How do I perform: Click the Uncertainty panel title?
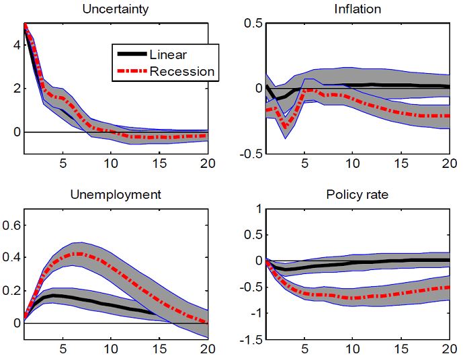click(116, 9)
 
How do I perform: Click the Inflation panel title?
click(357, 9)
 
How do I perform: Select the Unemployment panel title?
click(116, 195)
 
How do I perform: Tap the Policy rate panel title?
click(357, 195)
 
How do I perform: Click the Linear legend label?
click(169, 55)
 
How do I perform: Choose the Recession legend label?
click(182, 71)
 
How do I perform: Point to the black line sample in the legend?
click(132, 55)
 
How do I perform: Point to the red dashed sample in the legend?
click(132, 71)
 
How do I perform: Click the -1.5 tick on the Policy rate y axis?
click(250, 340)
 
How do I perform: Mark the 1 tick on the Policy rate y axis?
click(258, 210)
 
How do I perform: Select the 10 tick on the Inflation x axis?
click(351, 163)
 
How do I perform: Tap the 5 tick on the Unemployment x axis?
click(62, 349)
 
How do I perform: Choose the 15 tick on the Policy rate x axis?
click(400, 349)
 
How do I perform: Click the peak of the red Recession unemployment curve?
click(79, 254)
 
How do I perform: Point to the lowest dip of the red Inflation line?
click(286, 126)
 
